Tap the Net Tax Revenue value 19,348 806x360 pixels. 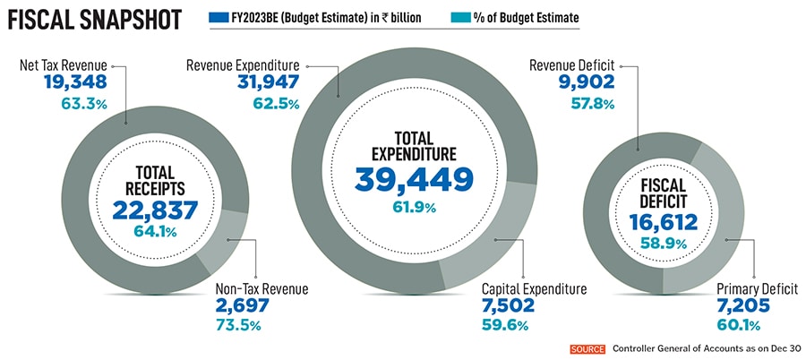click(75, 82)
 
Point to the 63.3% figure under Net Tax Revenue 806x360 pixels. click(84, 105)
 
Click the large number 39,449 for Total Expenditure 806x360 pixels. click(413, 179)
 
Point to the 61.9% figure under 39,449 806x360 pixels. click(413, 208)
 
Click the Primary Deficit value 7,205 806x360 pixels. click(749, 307)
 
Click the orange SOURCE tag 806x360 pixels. click(588, 348)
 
